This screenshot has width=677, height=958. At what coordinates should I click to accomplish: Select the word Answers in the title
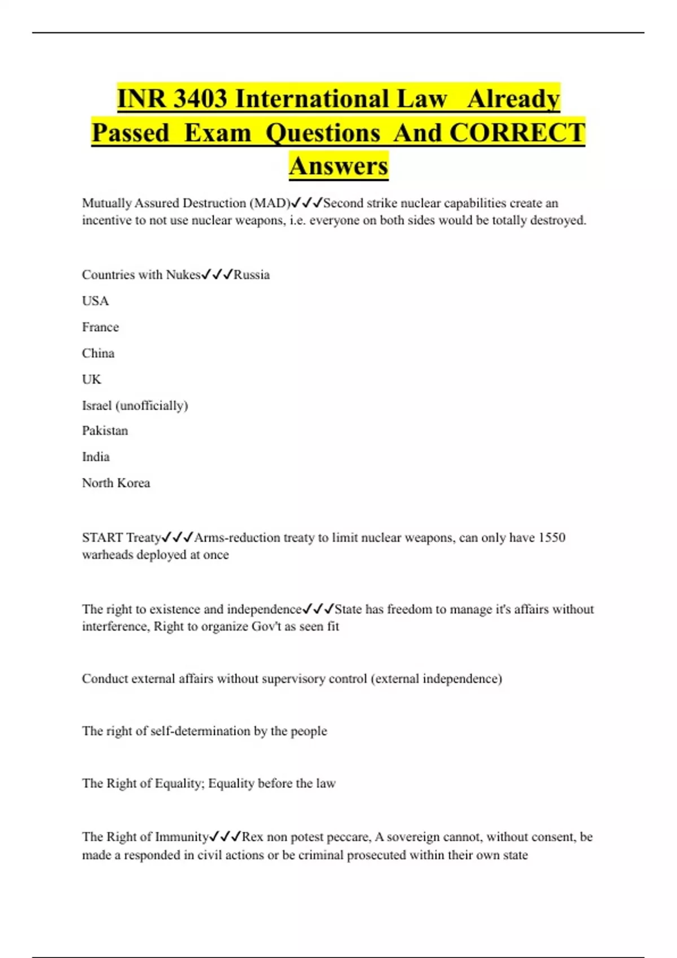(338, 166)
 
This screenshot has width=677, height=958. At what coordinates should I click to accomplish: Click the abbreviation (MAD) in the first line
(269, 203)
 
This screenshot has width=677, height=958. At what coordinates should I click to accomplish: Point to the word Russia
(252, 275)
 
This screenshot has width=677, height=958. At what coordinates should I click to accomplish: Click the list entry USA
(95, 301)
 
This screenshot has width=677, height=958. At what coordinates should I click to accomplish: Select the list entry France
(100, 327)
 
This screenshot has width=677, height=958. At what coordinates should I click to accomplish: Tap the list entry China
(98, 353)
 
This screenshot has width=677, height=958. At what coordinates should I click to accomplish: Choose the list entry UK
(91, 379)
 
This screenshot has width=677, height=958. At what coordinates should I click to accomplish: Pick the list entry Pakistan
(105, 431)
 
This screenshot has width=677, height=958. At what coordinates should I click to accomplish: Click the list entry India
(96, 456)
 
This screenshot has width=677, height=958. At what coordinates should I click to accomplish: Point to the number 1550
(552, 538)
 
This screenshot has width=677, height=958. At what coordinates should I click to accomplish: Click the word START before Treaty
(102, 538)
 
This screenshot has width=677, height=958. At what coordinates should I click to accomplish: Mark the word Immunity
(182, 837)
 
